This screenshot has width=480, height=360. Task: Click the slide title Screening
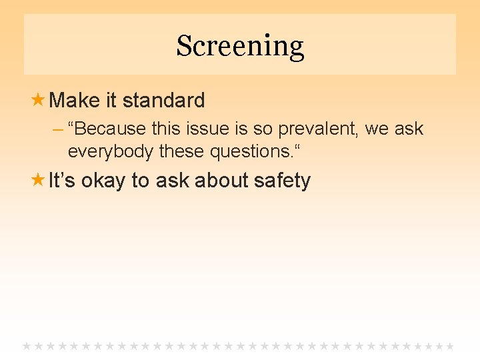click(240, 47)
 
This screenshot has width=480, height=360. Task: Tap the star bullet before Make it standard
click(39, 100)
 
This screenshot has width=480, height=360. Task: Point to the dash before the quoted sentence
click(58, 129)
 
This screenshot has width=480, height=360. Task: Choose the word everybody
click(111, 151)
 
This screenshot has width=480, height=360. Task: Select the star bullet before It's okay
click(39, 180)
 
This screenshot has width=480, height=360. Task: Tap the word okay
click(104, 181)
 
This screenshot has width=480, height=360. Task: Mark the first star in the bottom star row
click(27, 347)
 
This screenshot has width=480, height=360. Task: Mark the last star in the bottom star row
click(450, 347)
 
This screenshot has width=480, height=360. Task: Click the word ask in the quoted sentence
click(408, 129)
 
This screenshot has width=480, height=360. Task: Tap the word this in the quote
click(167, 129)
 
